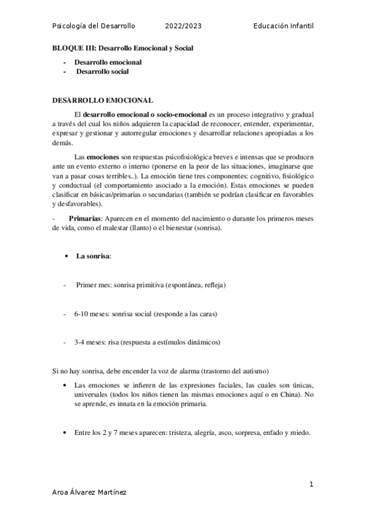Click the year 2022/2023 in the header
pos(183,26)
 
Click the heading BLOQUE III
pos(75,48)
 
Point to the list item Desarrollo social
pos(103,71)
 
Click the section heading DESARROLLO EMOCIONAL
pos(103,100)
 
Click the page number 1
pos(311,484)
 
